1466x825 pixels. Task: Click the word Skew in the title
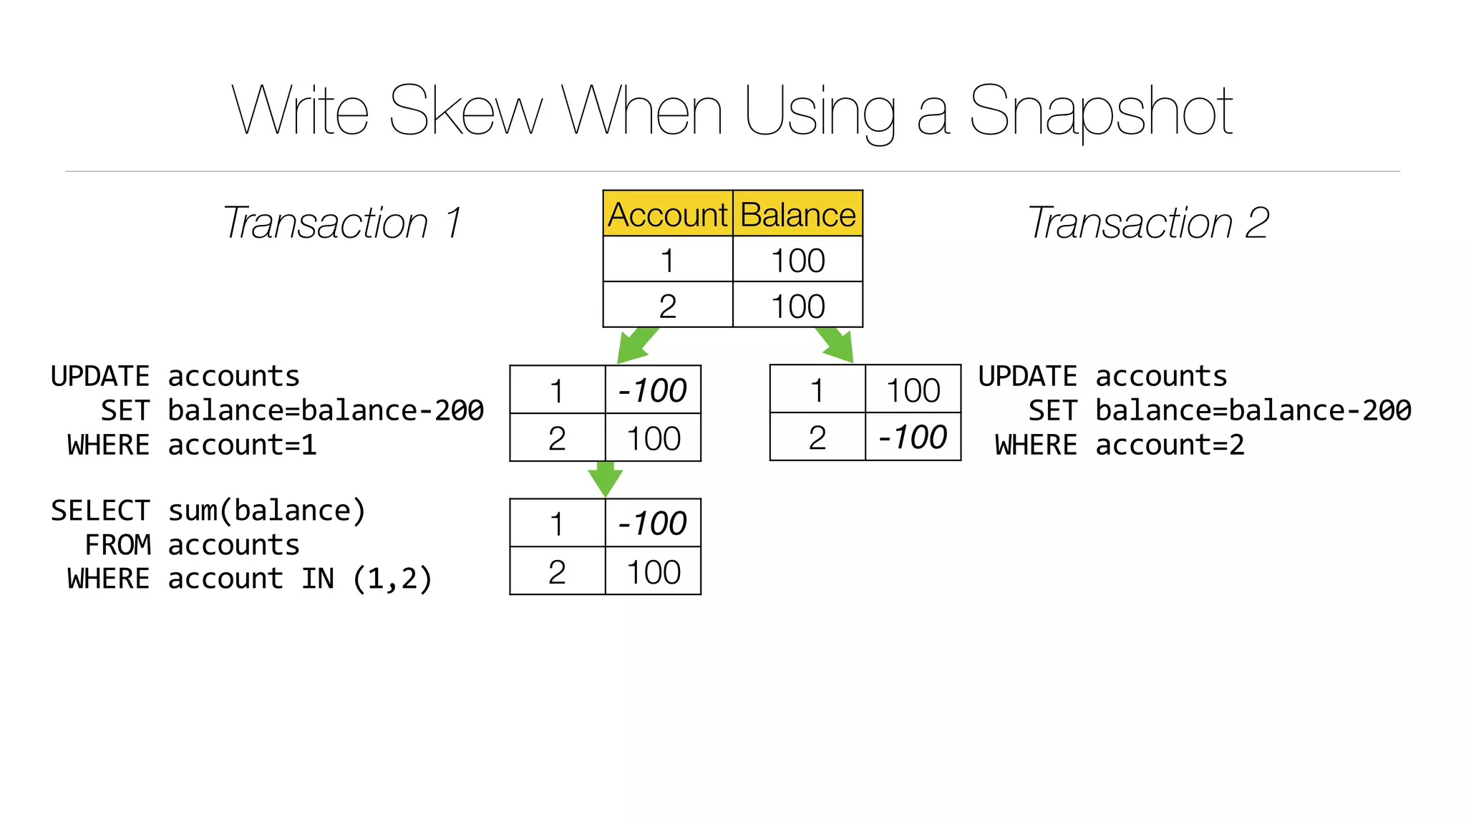click(x=465, y=111)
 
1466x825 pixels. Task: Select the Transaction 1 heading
click(x=341, y=223)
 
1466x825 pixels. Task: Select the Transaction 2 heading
click(x=1147, y=223)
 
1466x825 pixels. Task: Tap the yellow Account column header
click(x=667, y=214)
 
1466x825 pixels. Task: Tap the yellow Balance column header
click(x=797, y=214)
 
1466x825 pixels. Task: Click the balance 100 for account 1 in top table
click(x=797, y=260)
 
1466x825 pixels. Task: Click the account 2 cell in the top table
click(x=667, y=306)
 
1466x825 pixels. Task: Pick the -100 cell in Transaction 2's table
click(x=912, y=437)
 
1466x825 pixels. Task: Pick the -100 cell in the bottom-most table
click(x=652, y=523)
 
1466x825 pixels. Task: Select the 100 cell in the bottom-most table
click(x=653, y=571)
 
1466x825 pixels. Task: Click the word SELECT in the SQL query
click(x=100, y=511)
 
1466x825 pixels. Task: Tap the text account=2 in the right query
click(x=1169, y=445)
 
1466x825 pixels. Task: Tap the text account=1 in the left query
click(x=242, y=445)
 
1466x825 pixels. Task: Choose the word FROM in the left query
click(x=117, y=545)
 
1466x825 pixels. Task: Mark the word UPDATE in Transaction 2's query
click(x=1028, y=377)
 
